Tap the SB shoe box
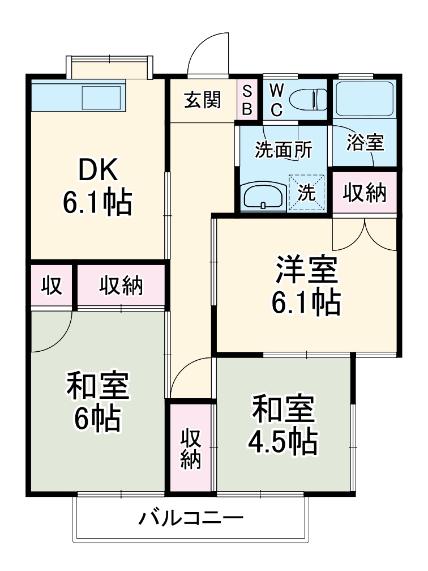tap(247, 100)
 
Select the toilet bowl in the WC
tap(308, 100)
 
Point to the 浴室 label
tap(365, 143)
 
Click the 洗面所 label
tap(283, 150)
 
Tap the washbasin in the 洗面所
tap(263, 197)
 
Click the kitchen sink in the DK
tap(101, 97)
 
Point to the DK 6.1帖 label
tap(97, 185)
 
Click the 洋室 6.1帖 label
tap(306, 286)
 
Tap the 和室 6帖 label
tap(97, 402)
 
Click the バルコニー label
tap(191, 518)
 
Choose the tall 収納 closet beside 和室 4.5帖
tap(191, 448)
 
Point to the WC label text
tap(276, 100)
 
